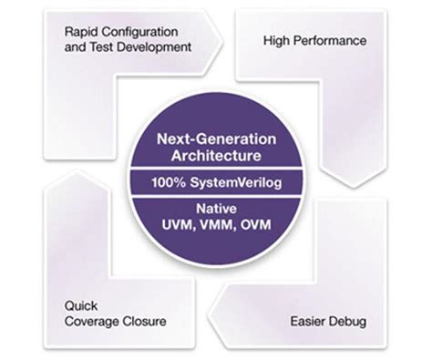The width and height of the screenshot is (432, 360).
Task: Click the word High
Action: point(278,41)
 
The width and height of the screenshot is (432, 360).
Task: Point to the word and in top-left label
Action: point(75,47)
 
